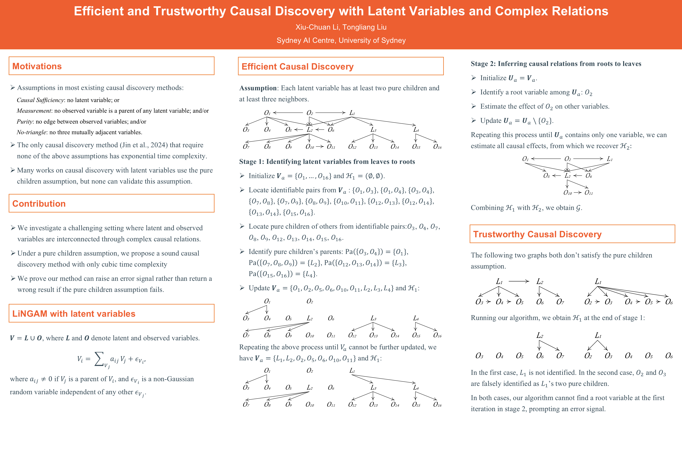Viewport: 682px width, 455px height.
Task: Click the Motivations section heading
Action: pos(37,66)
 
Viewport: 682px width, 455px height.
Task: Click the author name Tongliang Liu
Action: pos(364,27)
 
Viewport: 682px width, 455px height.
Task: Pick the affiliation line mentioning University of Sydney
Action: pos(341,40)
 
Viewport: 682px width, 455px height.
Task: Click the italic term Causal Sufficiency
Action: pos(40,100)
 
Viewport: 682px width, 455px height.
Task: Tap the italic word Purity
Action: pos(25,122)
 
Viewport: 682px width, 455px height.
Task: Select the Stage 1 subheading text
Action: pos(327,162)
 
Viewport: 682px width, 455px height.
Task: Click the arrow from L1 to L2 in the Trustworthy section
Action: pos(519,281)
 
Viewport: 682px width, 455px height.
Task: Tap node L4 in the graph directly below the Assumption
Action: pos(416,130)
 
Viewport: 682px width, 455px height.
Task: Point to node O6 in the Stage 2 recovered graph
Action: pos(589,176)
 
